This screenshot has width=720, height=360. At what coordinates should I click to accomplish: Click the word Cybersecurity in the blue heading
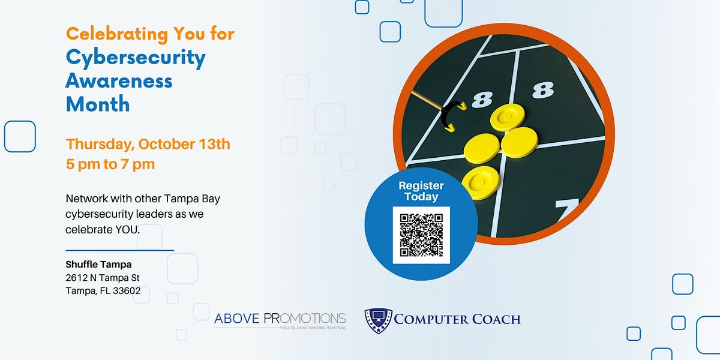tap(136, 58)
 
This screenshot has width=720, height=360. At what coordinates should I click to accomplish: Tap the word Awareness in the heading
tap(119, 80)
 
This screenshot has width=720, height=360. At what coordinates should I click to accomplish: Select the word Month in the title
tap(98, 104)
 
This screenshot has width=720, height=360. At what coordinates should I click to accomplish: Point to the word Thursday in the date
tap(100, 145)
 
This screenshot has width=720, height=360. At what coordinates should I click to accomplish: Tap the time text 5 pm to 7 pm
tap(110, 164)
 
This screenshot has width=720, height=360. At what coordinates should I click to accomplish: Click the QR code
tap(421, 235)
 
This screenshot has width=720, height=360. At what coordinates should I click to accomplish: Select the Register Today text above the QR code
tap(421, 191)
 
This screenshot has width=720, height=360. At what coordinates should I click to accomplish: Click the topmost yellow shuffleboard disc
tap(505, 116)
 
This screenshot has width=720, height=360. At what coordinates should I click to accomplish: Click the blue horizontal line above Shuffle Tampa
tap(119, 250)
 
